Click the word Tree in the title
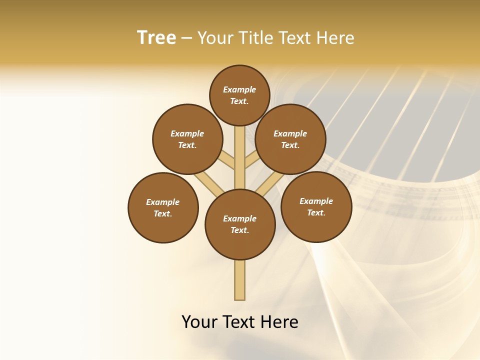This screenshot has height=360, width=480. pos(156,37)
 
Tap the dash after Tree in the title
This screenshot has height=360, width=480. pos(186,38)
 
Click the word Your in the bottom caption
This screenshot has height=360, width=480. pos(200,321)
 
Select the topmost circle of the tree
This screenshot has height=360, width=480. pos(239,95)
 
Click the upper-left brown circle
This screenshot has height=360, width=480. pos(187,139)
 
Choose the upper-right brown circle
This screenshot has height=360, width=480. pos(290,139)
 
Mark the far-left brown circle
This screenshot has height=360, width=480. pos(163,207)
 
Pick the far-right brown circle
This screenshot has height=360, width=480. pos(316,206)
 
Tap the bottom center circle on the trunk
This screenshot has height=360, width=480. pos(240,224)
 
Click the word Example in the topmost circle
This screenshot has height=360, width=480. pos(239,90)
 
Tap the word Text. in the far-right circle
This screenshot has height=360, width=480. pos(316,212)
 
